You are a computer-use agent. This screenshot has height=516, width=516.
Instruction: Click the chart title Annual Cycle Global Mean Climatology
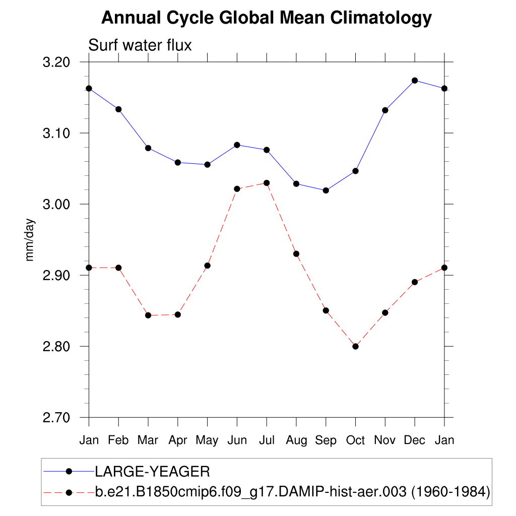coord(267,18)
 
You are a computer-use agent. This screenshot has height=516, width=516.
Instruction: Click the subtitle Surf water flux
coord(140,45)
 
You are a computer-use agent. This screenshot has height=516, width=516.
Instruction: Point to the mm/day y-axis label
coord(30,240)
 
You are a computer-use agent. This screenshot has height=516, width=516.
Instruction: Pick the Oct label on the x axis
coord(355,440)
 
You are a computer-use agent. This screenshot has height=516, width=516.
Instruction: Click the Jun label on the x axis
coord(237,440)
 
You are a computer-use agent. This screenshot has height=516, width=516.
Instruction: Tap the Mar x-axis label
coord(148,440)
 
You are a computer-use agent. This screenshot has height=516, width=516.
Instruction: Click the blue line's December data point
coord(415,80)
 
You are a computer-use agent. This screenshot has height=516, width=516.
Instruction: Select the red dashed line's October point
coord(355,346)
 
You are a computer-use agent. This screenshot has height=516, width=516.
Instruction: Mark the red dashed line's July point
coord(267,183)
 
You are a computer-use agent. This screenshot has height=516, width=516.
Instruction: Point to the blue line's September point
coord(326,190)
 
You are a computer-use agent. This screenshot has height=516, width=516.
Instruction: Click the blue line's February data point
coord(118,109)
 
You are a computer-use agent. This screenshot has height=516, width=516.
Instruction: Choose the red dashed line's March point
coord(148,315)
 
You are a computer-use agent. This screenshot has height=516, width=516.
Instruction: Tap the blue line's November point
coord(385,110)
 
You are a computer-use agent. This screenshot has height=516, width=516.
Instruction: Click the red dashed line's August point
coord(296,253)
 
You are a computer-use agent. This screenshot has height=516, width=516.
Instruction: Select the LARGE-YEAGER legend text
coord(153,472)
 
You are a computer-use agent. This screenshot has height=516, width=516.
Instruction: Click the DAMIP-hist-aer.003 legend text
coord(293,491)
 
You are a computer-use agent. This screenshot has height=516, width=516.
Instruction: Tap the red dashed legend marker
coord(70,491)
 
